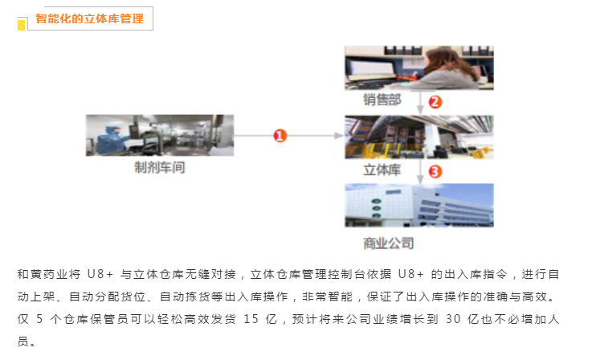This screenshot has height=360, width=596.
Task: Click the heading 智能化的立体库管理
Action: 90,18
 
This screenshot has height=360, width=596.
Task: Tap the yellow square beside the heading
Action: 21,25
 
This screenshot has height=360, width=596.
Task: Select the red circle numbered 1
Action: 280,136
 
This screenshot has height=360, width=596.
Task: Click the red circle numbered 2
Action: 435,102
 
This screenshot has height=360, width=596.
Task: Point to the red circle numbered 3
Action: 435,171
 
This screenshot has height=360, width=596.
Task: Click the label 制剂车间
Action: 160,167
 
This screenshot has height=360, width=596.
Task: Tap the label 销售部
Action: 382,100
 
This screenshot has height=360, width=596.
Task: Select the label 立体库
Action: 382,170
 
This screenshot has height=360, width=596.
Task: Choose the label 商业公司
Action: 389,243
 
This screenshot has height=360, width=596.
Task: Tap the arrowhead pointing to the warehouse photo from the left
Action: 338,136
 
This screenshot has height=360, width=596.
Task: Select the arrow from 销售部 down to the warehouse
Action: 420,102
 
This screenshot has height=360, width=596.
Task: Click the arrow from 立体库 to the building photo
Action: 420,171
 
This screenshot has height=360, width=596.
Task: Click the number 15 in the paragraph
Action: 251,319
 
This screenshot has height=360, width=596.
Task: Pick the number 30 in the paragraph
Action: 453,319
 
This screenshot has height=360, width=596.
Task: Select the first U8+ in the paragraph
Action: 100,274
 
